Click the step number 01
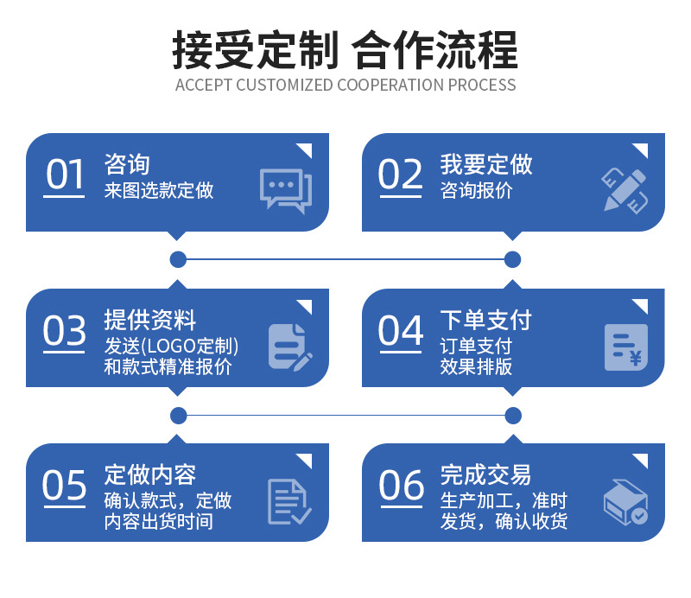point(64,175)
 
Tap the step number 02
point(400,175)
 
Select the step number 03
point(65,331)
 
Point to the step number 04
point(401,331)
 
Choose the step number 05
point(65,486)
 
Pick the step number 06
point(401,486)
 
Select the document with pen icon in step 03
point(288,347)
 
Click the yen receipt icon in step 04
point(626,347)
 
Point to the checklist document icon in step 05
point(288,502)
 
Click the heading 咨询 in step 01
point(127,164)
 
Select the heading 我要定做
point(486,164)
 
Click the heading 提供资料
point(150,321)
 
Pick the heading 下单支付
point(486,321)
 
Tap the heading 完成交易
point(486,474)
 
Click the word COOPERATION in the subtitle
point(390,85)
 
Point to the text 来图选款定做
point(159,190)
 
